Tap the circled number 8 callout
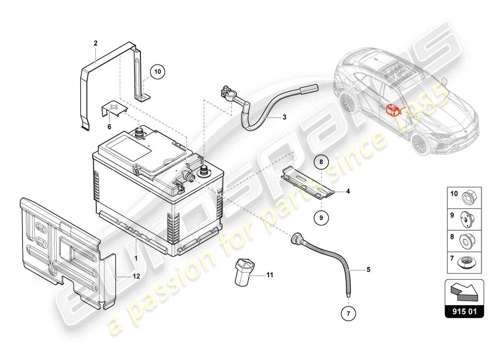pyautogui.click(x=321, y=162)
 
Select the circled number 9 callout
pyautogui.click(x=321, y=218)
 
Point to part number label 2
pyautogui.click(x=95, y=43)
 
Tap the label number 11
pyautogui.click(x=270, y=274)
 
